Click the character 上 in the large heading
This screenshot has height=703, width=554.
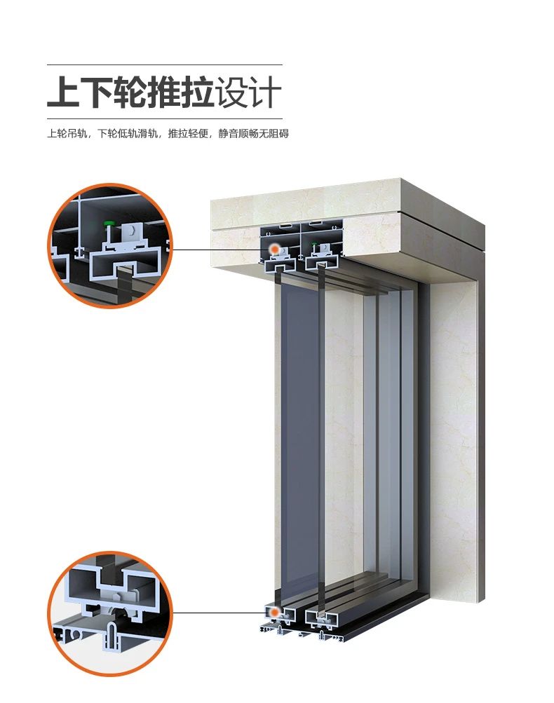63,92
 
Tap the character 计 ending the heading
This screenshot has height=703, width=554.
265,92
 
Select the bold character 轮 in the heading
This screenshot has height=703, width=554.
130,92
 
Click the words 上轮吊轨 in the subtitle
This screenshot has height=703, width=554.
67,134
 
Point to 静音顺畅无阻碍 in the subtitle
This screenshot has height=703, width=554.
253,134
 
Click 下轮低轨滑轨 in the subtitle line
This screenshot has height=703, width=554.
128,134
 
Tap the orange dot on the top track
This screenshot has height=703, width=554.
273,249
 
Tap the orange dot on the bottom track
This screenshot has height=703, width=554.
273,612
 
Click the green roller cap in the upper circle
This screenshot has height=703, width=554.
107,223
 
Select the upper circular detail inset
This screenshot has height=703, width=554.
110,246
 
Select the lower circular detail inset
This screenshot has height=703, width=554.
110,613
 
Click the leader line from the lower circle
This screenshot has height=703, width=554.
221,613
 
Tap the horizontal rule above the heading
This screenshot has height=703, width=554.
165,65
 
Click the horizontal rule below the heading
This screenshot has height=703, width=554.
165,119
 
